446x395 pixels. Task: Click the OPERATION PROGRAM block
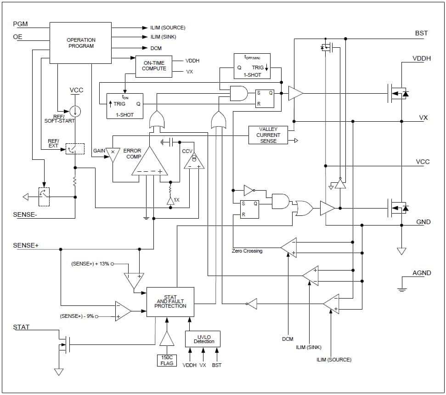[80, 43]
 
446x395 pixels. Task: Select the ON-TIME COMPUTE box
[154, 66]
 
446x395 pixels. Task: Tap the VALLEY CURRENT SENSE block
[268, 135]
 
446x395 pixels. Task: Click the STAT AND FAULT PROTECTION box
[170, 302]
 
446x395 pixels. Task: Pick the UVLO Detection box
[203, 339]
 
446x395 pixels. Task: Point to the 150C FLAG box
[167, 361]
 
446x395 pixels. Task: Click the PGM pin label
[20, 24]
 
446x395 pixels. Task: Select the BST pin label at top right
[421, 33]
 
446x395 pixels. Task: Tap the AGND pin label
[421, 273]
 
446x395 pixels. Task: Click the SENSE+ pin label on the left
[26, 245]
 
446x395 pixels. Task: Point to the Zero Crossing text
[247, 251]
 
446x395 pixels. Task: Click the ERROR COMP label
[132, 154]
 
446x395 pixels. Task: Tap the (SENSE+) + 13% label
[90, 264]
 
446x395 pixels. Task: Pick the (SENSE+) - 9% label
[77, 316]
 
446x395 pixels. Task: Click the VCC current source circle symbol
[75, 111]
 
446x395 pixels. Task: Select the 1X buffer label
[176, 200]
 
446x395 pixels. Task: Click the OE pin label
[17, 37]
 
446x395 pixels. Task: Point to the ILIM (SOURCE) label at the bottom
[333, 360]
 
